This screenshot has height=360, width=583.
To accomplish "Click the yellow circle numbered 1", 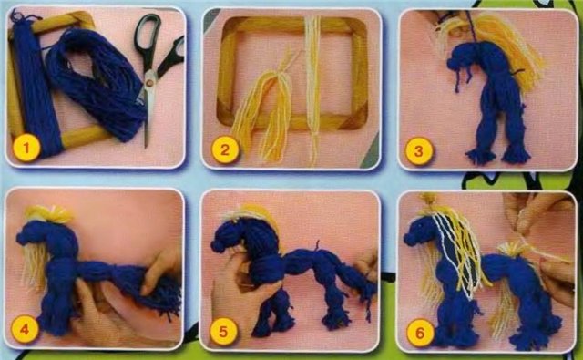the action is pyautogui.click(x=26, y=149).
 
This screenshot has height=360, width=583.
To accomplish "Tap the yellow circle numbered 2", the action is pyautogui.click(x=225, y=149).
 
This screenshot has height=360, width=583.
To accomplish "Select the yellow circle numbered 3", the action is pyautogui.click(x=419, y=150).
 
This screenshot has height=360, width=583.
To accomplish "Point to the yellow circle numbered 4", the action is pyautogui.click(x=25, y=329).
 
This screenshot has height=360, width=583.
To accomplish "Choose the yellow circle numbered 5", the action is pyautogui.click(x=223, y=331).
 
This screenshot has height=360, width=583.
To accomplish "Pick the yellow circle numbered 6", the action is pyautogui.click(x=420, y=333).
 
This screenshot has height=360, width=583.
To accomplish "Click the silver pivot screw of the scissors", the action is pyautogui.click(x=150, y=83).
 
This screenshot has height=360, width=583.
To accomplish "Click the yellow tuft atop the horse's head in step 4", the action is pyautogui.click(x=49, y=214).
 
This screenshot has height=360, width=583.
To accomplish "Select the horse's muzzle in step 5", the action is pyautogui.click(x=219, y=244).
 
